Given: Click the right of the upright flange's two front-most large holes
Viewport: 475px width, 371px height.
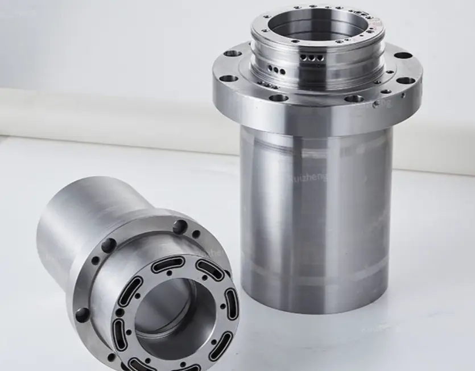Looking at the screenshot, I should point(353,98).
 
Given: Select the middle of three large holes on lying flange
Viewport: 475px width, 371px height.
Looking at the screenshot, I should point(106,246).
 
